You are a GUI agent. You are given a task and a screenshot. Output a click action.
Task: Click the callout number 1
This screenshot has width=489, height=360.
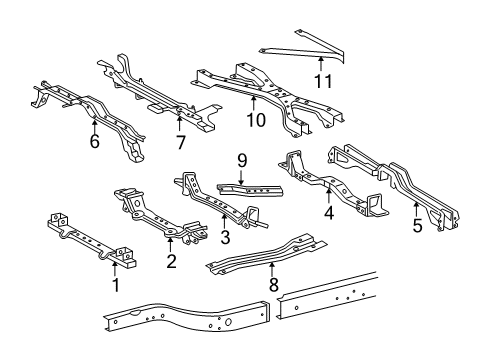point(115,287)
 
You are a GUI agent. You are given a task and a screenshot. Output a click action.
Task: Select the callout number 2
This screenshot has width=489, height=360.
point(170,262)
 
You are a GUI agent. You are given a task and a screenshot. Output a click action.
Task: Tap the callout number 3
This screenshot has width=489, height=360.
point(224,238)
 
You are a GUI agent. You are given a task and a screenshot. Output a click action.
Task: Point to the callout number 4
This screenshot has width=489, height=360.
point(328,212)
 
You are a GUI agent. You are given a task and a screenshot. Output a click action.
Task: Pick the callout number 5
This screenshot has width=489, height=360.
point(417,227)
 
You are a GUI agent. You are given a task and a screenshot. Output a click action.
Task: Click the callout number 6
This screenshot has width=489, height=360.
point(94,143)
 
